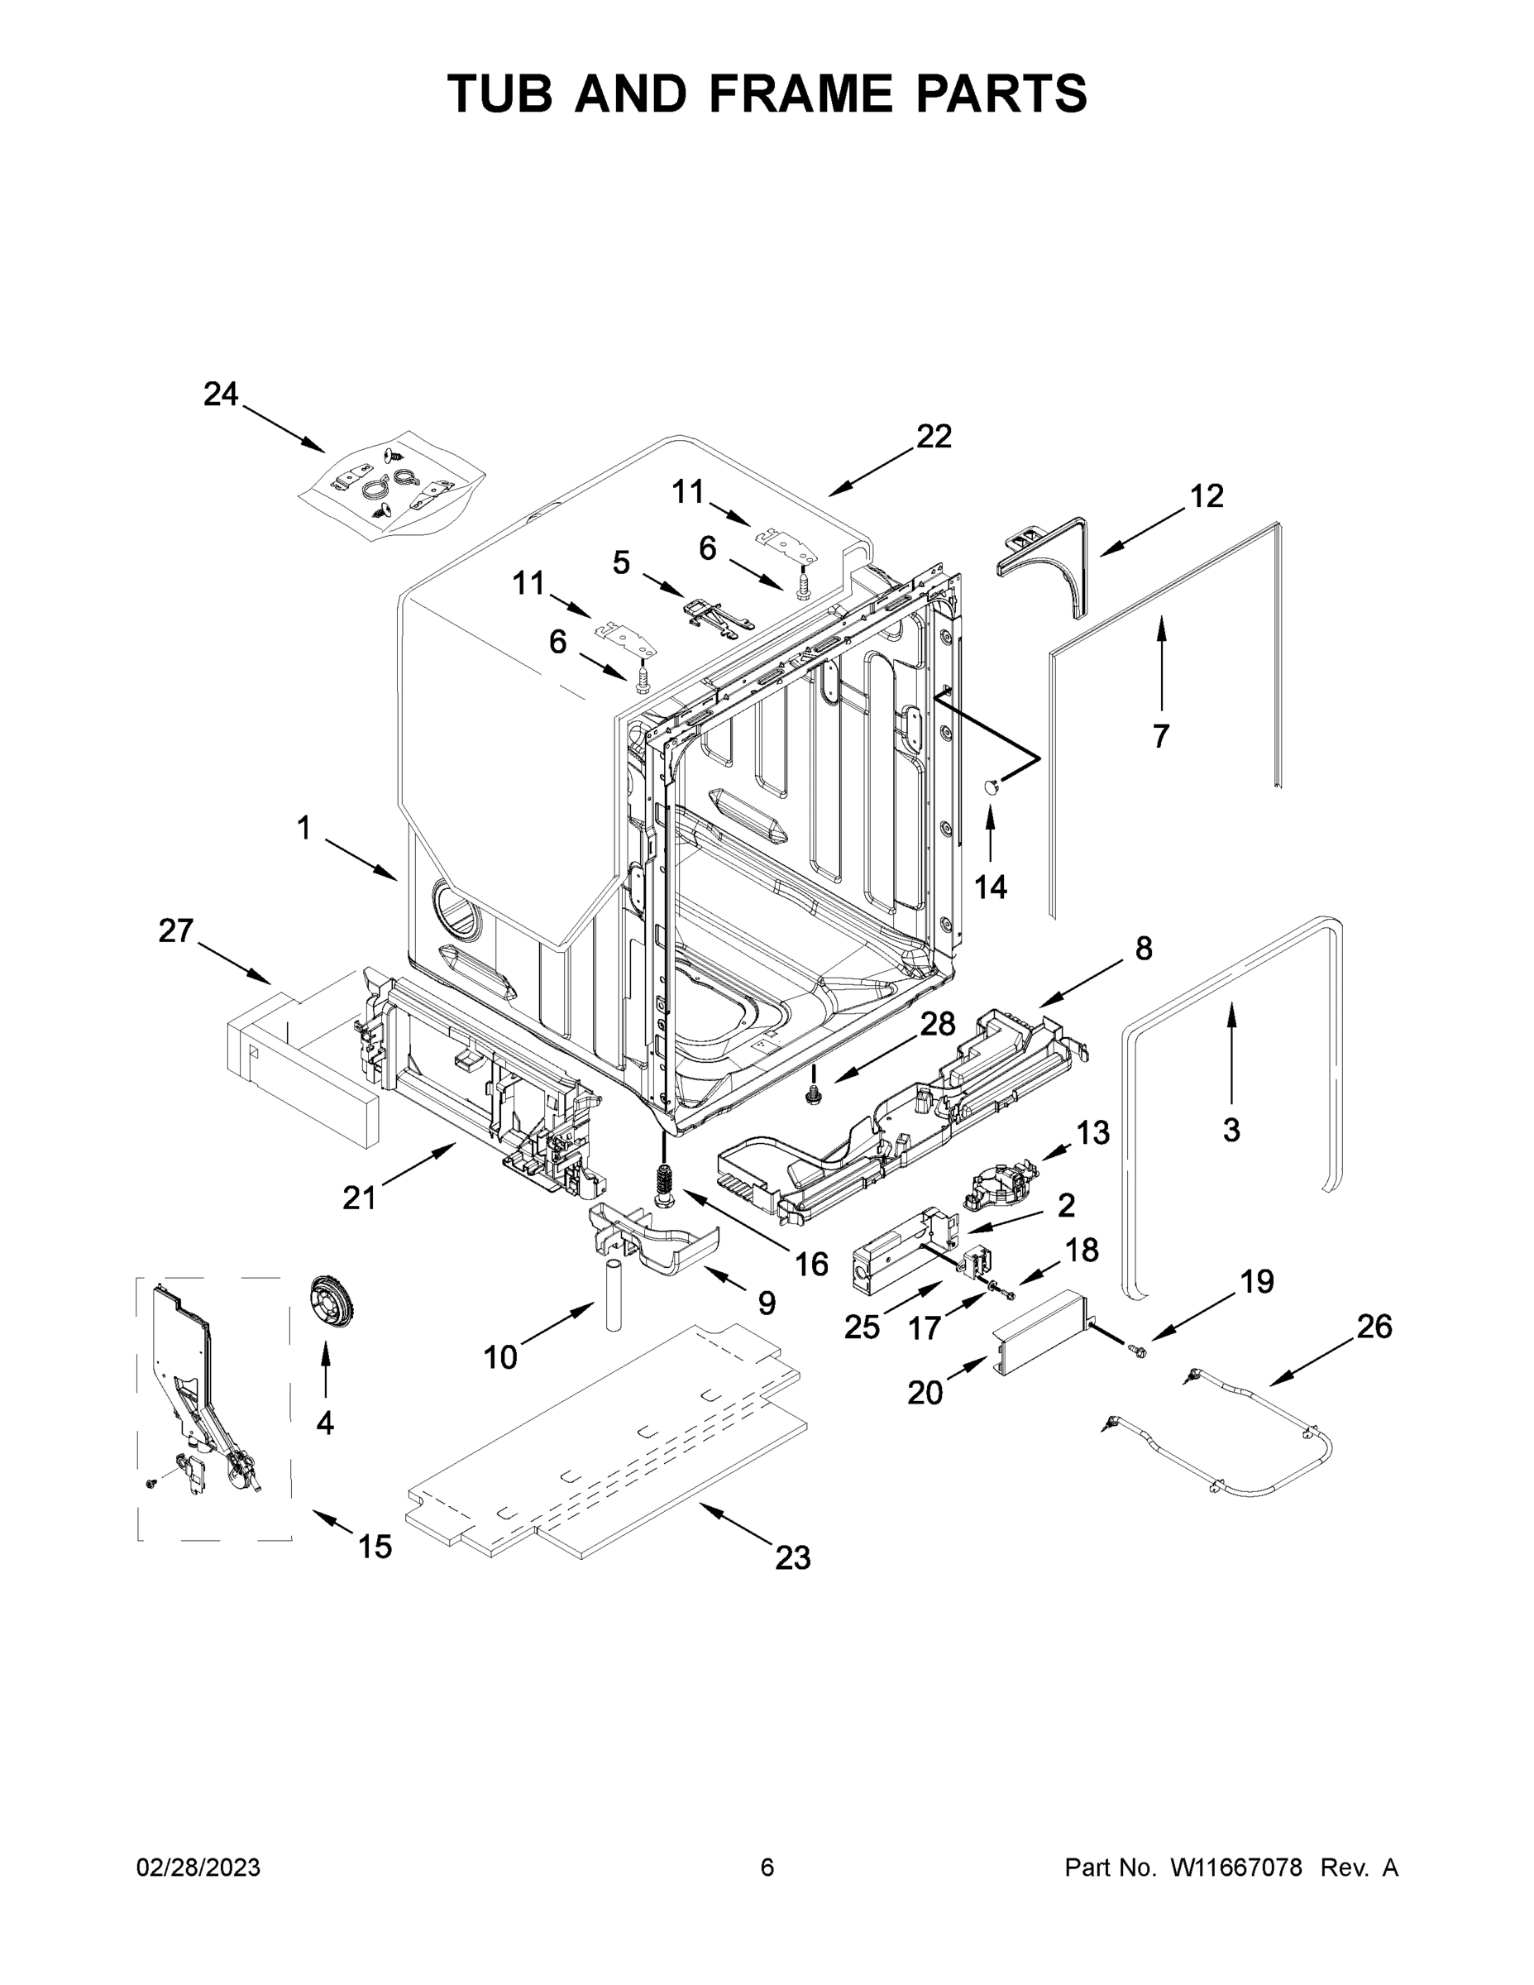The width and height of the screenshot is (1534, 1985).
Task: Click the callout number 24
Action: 220,395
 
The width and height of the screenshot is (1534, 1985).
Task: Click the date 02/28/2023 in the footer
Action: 198,1867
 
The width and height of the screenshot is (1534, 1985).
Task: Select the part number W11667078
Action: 1236,1867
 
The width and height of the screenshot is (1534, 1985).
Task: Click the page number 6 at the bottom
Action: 767,1867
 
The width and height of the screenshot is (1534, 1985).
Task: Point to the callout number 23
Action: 792,1559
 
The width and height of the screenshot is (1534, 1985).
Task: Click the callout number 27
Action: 176,930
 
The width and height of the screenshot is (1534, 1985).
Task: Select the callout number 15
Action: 375,1546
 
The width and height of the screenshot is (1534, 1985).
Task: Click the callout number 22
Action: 934,438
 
